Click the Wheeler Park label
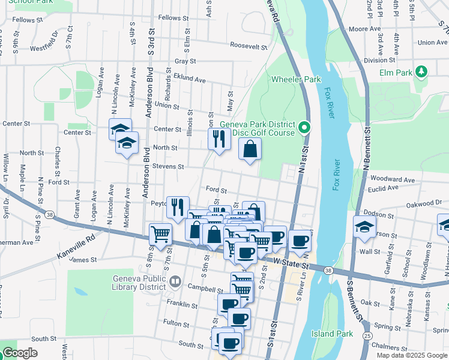[x=296, y=79]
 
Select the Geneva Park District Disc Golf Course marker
[x=304, y=127]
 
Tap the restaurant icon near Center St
[x=218, y=139]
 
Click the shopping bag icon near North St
[x=250, y=149]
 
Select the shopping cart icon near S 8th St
[x=160, y=234]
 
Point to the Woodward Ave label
[x=393, y=179]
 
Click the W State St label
[x=289, y=262]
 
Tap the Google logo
[x=20, y=353]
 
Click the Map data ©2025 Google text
[x=411, y=355]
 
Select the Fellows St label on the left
[x=27, y=20]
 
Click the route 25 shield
[x=366, y=336]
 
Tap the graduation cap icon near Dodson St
[x=364, y=227]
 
